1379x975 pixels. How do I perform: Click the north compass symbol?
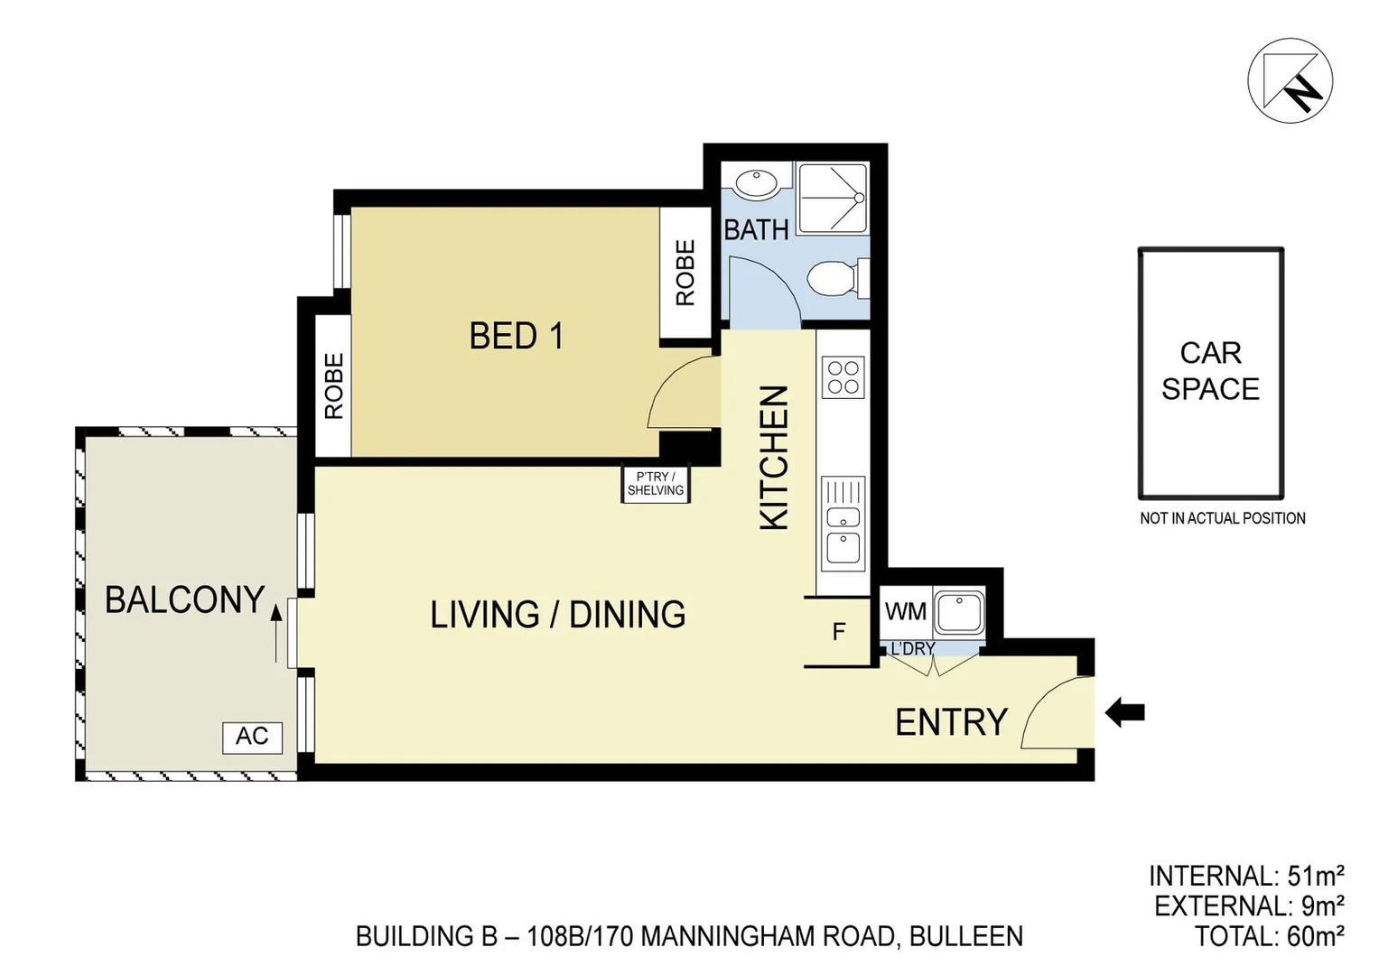tap(1290, 80)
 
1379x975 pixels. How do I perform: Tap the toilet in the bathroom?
tap(838, 279)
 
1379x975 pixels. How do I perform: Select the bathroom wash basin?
tap(757, 184)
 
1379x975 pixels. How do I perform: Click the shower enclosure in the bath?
tap(833, 199)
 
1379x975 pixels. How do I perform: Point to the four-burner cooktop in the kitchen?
tap(843, 377)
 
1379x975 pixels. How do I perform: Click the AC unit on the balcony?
tap(252, 738)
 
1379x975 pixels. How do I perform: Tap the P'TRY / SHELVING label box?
tap(656, 483)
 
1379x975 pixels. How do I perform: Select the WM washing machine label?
tap(906, 611)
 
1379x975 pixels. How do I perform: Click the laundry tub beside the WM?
tap(959, 612)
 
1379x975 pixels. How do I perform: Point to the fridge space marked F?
tap(838, 632)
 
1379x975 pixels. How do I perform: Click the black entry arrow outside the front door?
tap(1124, 713)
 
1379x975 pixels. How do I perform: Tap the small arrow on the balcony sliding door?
tap(276, 634)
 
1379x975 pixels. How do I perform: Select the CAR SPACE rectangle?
tap(1211, 374)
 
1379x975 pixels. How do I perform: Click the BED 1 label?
tap(516, 337)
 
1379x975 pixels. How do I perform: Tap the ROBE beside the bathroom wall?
tap(685, 273)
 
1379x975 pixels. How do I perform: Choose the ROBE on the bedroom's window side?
tap(333, 386)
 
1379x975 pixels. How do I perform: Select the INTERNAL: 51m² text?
tap(1246, 876)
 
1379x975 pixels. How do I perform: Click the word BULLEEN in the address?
tap(966, 936)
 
